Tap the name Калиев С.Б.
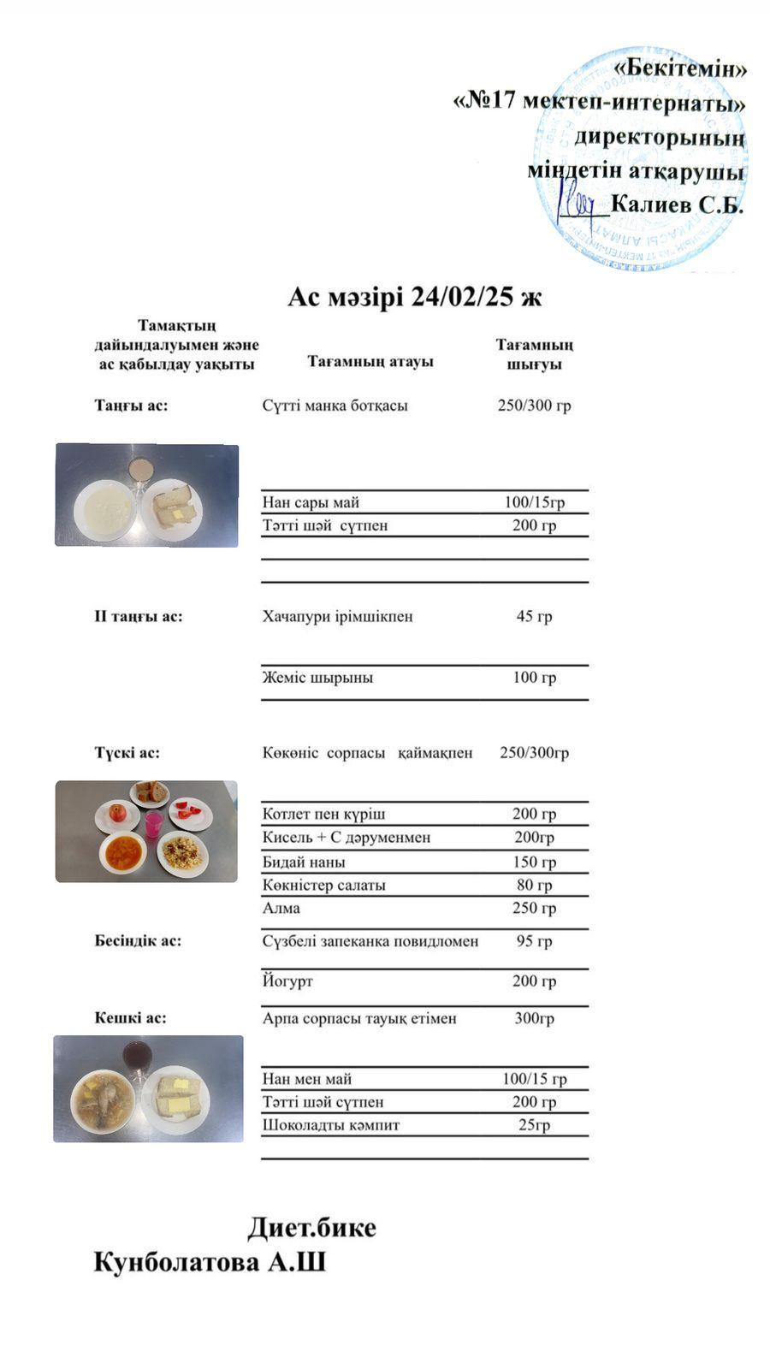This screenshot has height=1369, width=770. coord(678,205)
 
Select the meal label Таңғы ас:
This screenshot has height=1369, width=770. coord(131,406)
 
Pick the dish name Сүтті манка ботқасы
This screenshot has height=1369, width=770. coord(335,406)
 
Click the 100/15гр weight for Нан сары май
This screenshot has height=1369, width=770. coord(534,502)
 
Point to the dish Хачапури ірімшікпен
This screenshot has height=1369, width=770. coord(337,616)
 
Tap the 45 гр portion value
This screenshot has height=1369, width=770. coord(534,616)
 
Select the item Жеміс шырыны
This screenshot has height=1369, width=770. coord(317,678)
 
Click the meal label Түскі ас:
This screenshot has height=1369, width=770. coord(127,753)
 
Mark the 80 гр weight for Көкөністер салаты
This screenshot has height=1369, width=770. coord(534,885)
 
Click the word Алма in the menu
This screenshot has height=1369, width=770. coord(281,908)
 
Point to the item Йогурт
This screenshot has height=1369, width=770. coord(287,981)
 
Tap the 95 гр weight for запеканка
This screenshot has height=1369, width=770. coord(534,941)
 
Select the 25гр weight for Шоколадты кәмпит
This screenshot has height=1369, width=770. coord(534,1125)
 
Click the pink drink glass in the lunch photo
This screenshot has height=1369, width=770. coord(154,825)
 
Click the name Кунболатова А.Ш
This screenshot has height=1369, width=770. coord(210,1263)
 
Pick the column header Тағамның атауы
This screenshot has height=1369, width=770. coord(370,361)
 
